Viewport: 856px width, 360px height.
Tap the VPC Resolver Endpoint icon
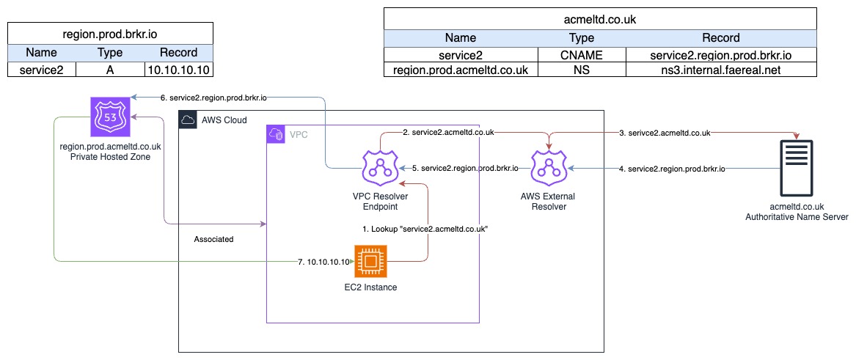380,169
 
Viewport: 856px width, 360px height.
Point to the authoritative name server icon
797,168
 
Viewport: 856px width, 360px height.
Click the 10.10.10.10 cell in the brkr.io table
179,70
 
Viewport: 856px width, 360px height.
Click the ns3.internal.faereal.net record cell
721,70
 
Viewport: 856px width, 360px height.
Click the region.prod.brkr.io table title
110,34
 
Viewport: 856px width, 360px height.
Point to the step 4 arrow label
673,169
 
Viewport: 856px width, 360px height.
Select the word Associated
213,239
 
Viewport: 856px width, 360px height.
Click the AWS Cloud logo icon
189,120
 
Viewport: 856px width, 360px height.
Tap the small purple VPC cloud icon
276,134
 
